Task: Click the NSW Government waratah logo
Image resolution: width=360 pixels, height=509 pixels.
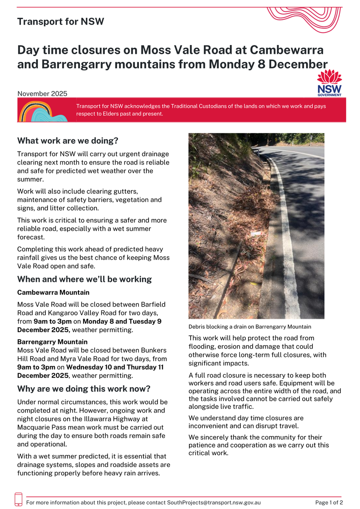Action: coord(329,83)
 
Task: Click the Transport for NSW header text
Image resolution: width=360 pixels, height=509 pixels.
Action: coord(60,22)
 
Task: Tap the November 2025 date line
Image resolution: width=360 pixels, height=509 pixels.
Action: coord(42,94)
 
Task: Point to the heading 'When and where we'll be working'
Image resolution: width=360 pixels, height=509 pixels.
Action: coord(84,279)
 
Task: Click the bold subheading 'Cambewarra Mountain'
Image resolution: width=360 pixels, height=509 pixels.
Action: coord(53,293)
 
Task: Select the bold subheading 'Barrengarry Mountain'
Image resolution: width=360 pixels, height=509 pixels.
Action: coord(52,342)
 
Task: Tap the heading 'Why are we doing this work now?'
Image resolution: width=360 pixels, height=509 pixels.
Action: coord(84,389)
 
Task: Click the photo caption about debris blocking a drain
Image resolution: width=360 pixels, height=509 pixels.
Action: coord(250,327)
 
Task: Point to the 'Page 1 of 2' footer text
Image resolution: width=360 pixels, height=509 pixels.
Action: coord(329,502)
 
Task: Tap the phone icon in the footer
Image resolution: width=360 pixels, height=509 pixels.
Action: coord(19,499)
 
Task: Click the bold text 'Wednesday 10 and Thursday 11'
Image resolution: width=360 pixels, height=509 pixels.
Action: coord(115,367)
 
